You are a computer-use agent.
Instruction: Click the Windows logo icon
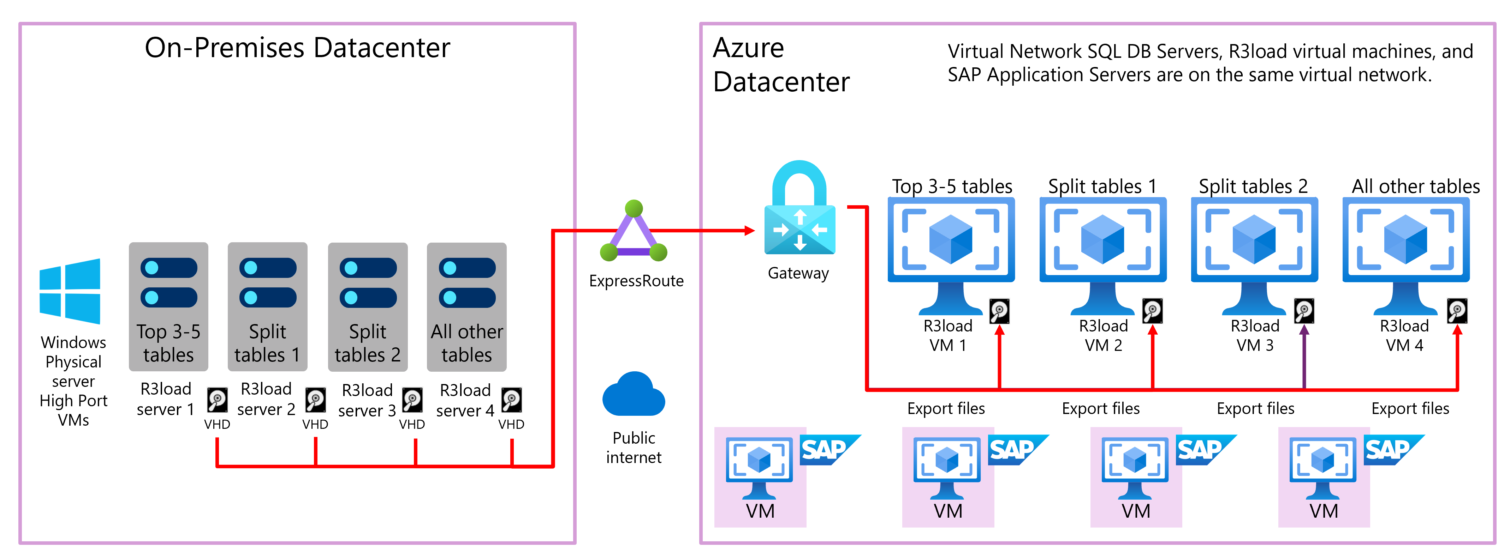[x=70, y=291]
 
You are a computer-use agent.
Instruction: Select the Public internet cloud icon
[x=634, y=395]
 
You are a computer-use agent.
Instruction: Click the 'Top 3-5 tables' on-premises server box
[x=169, y=306]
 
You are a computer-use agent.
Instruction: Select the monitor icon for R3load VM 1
[x=951, y=255]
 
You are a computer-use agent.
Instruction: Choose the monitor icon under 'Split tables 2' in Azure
[x=1254, y=255]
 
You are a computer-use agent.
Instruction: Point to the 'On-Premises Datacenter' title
[x=297, y=48]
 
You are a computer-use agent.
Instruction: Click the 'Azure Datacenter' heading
[x=781, y=65]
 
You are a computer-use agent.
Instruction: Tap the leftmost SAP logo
[x=829, y=450]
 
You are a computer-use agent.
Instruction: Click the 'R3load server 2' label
[x=266, y=399]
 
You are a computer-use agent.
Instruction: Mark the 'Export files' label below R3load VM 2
[x=1100, y=408]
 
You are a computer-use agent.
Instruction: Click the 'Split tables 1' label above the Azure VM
[x=1102, y=186]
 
